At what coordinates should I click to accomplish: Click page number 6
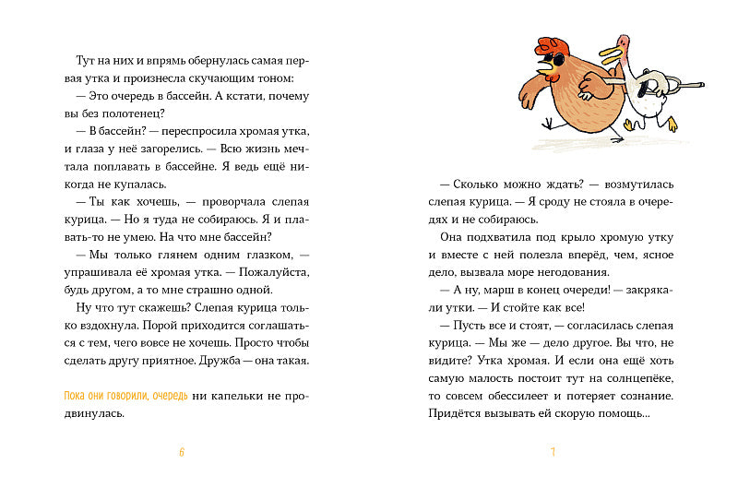(182, 452)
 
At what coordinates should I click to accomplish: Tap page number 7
(551, 452)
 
